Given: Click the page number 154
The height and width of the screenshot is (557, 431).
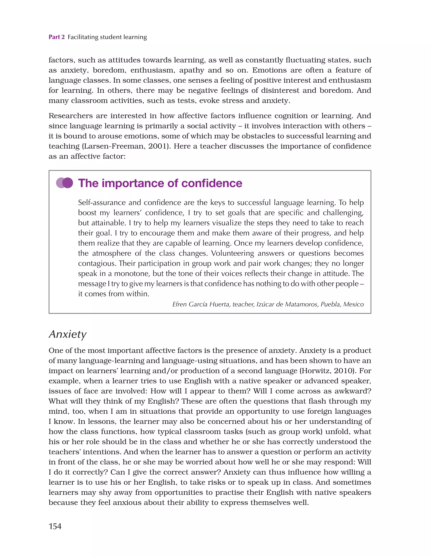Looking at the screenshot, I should click(x=55, y=526).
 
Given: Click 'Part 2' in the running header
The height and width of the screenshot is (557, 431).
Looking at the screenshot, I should click(x=57, y=37).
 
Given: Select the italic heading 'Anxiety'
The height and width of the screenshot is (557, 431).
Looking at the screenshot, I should click(x=68, y=334).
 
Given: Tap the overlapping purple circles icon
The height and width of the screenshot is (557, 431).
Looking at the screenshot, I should click(x=65, y=183).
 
